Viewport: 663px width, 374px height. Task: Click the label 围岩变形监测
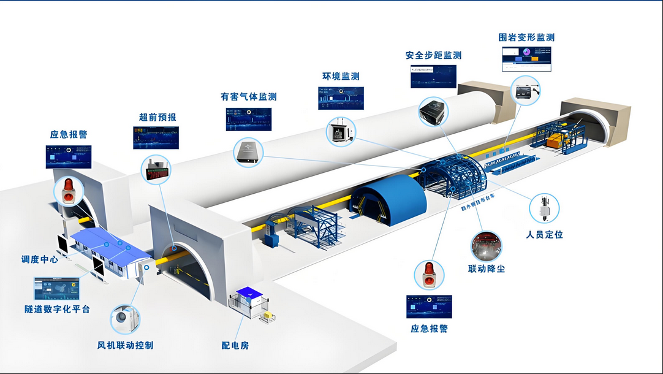[x=526, y=37]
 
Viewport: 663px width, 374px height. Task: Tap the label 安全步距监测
[x=433, y=55]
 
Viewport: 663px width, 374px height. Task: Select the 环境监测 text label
[x=341, y=77]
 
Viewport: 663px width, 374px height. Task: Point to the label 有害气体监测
[x=248, y=97]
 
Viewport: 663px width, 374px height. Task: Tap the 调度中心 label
[x=40, y=259]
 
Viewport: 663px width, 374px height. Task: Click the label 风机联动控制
[x=125, y=345]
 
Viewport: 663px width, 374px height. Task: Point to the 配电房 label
[x=235, y=346]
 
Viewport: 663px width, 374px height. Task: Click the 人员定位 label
[x=544, y=235]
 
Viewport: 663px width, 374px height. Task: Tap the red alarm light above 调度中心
[x=67, y=191]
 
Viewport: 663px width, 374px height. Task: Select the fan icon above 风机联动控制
[x=125, y=319]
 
